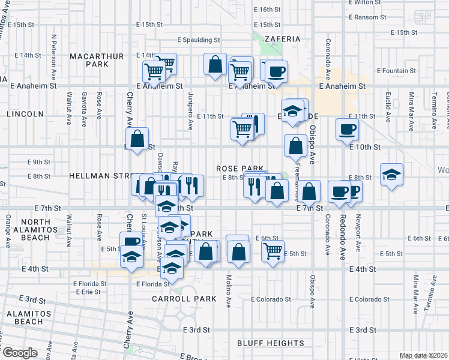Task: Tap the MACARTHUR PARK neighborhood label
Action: pos(97,60)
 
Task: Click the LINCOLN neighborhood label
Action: pos(26,114)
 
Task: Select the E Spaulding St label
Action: pos(194,40)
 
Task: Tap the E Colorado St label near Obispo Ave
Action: pos(270,299)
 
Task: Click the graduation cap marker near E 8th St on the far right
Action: pos(391,175)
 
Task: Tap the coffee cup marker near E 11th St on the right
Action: pos(348,129)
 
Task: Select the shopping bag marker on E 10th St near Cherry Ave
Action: pos(138,139)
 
